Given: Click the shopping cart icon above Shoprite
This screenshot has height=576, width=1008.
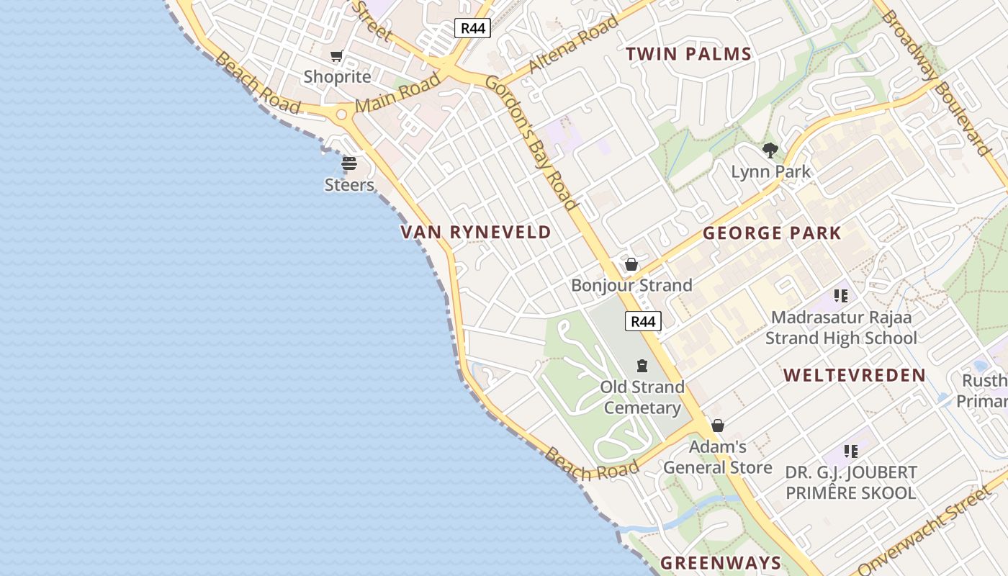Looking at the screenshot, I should tap(336, 55).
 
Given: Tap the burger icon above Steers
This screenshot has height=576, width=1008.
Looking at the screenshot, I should tap(349, 163).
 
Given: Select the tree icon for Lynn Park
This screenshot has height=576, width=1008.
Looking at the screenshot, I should tap(770, 150).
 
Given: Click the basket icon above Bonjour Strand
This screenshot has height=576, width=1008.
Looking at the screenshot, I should tap(631, 264).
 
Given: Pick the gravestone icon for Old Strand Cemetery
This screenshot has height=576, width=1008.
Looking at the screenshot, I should tap(642, 366).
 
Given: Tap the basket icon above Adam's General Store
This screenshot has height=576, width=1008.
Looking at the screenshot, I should tap(717, 426).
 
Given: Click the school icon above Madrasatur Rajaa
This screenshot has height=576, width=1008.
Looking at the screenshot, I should tap(840, 295).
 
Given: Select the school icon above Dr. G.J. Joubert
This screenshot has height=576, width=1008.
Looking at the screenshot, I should tap(851, 451).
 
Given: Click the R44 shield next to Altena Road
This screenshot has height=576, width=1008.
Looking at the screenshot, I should tap(473, 28).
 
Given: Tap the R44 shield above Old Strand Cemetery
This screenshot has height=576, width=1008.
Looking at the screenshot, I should tap(643, 321).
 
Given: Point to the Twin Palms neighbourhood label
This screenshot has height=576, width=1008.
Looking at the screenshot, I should tap(688, 54).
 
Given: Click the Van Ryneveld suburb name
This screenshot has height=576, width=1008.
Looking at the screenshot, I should tap(475, 232).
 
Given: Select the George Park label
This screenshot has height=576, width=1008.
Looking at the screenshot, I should tap(772, 233).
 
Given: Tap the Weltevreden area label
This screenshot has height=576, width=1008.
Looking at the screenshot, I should tap(854, 375).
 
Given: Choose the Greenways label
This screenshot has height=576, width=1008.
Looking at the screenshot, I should tap(720, 563).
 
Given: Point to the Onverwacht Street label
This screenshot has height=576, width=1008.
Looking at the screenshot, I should tap(924, 532).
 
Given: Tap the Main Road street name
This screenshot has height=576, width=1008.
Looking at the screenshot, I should tap(397, 94).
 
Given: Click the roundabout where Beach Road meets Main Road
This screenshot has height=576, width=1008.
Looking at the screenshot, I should tap(341, 114).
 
